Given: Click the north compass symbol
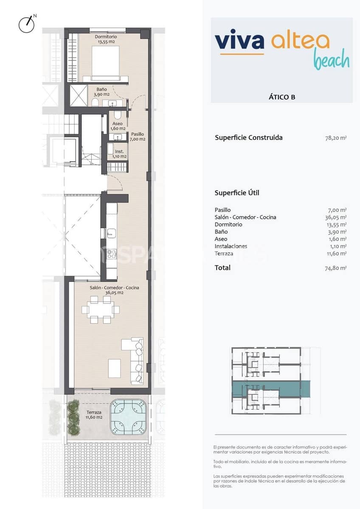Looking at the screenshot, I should [x=26, y=24].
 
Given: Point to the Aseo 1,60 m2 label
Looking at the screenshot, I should [x=118, y=126].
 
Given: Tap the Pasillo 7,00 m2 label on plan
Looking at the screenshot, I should [x=138, y=136].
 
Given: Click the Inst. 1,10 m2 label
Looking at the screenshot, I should [x=119, y=154].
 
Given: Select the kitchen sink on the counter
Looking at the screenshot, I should [x=111, y=232].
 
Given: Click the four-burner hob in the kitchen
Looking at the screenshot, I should [x=111, y=254].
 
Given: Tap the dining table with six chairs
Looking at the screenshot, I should [x=101, y=310].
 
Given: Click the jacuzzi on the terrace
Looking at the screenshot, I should [x=128, y=417].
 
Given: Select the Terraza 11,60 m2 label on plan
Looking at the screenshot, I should [x=94, y=414].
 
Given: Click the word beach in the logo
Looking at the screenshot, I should [x=332, y=60].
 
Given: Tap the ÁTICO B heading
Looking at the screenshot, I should [x=282, y=97].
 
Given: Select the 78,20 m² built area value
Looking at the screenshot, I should [x=335, y=138].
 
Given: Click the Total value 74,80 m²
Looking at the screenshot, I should [x=335, y=268].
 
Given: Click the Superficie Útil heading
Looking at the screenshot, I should [x=237, y=193].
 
